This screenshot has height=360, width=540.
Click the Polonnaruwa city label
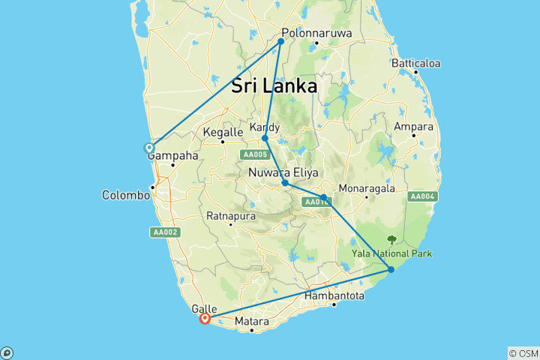click(318, 33)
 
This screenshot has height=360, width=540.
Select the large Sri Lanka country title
click(274, 85)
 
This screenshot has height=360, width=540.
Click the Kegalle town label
click(223, 133)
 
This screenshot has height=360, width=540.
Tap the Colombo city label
click(127, 195)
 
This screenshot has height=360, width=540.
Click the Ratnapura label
click(232, 216)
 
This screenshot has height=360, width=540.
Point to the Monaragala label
click(367, 187)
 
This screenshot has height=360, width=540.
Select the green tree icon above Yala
click(391, 240)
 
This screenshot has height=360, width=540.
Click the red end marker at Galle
click(205, 318)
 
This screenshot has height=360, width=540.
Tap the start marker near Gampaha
click(150, 148)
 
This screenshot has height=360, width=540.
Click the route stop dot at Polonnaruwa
click(281, 41)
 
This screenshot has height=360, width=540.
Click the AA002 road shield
click(165, 232)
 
